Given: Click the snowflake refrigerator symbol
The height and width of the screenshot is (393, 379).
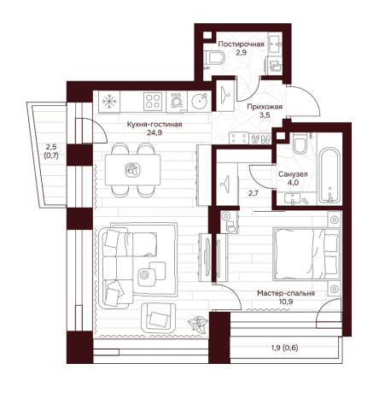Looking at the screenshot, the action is pyautogui.click(x=109, y=102).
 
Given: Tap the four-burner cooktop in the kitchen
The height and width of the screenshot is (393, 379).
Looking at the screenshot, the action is pyautogui.click(x=153, y=102).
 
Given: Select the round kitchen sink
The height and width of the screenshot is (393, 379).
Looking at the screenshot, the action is pyautogui.click(x=199, y=101).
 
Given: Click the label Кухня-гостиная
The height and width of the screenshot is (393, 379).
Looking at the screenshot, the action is pyautogui.click(x=155, y=125).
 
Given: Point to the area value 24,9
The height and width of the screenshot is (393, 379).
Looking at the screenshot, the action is pyautogui.click(x=155, y=132).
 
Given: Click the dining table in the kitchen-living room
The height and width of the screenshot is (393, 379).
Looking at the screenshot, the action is pyautogui.click(x=132, y=170).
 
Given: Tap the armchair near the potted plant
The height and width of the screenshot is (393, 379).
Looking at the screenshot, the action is pyautogui.click(x=159, y=317).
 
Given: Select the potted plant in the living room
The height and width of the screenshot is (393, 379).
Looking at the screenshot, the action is pyautogui.click(x=197, y=324).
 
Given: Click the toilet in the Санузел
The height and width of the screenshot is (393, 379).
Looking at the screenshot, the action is pyautogui.click(x=300, y=144).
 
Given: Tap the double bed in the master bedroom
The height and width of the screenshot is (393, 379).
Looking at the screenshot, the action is pyautogui.click(x=306, y=254).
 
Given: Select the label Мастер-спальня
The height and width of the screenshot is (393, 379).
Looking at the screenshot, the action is pyautogui.click(x=286, y=293).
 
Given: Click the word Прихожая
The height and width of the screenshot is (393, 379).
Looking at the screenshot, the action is pyautogui.click(x=265, y=107).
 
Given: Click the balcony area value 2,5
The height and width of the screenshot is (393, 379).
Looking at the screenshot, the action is pyautogui.click(x=51, y=147).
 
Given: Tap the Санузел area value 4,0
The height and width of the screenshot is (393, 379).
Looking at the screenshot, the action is pyautogui.click(x=293, y=183).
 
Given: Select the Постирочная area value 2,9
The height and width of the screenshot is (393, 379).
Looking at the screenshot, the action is pyautogui.click(x=241, y=53).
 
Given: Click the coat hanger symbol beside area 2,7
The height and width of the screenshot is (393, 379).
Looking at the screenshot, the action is pyautogui.click(x=226, y=184).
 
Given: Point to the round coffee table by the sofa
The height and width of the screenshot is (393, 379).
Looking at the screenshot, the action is pyautogui.click(x=144, y=275).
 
